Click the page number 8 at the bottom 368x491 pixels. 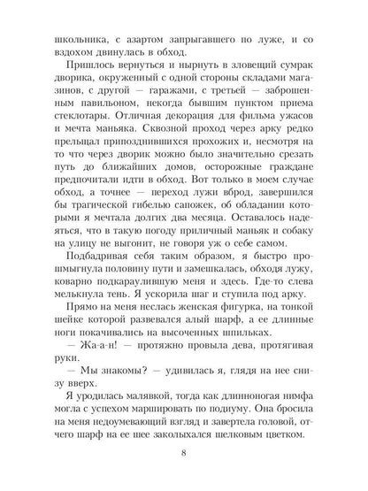pyautogui.click(x=184, y=453)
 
